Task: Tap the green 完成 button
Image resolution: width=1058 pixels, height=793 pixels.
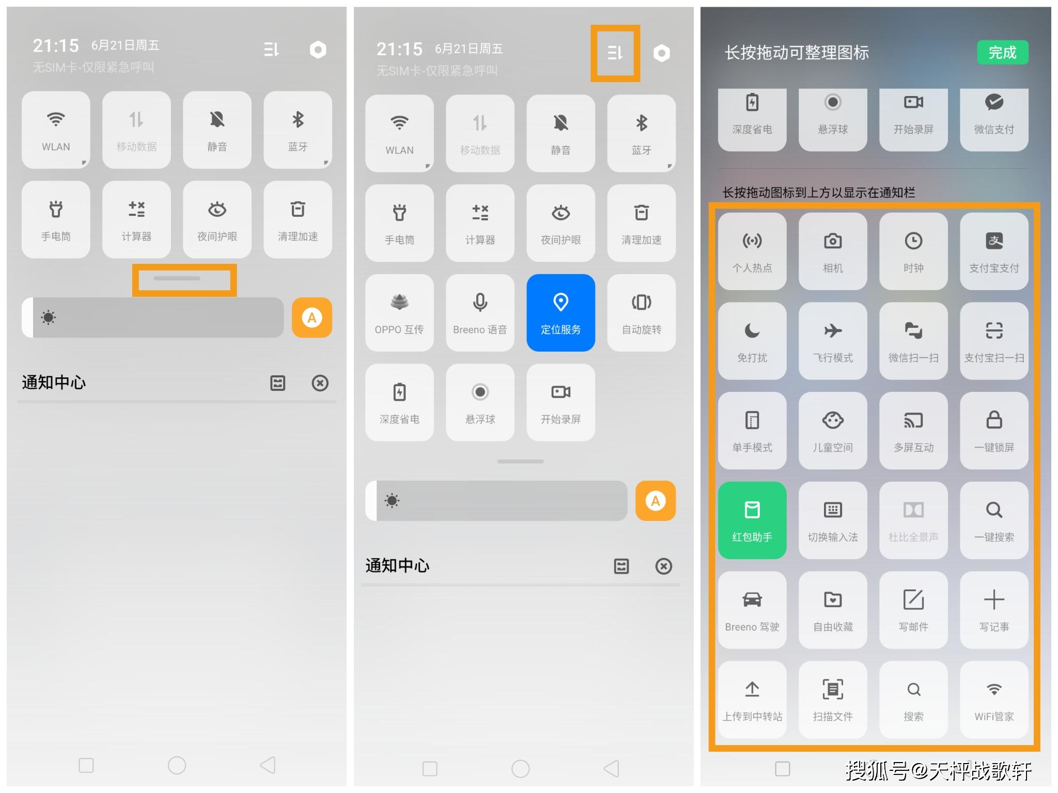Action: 1002,52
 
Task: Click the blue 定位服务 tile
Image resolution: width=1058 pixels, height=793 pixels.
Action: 561,312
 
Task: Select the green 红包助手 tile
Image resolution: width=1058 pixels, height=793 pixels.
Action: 752,520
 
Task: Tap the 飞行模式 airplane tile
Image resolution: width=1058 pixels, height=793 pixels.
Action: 833,341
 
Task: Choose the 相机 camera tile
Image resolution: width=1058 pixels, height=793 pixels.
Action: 833,251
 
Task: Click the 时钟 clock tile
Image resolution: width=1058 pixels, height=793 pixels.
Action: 913,251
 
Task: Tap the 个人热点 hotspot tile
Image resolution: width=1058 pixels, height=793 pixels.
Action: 752,251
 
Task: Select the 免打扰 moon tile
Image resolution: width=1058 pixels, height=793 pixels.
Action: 752,341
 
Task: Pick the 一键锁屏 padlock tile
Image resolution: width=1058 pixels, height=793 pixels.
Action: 994,431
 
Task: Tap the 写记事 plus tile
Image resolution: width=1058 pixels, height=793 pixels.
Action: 994,610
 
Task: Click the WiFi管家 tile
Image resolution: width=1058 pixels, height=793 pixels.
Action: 994,700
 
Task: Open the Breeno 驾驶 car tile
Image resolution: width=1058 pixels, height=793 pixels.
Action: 752,610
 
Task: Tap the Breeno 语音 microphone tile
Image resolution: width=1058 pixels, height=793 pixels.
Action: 480,312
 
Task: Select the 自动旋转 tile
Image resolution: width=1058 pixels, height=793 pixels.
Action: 641,312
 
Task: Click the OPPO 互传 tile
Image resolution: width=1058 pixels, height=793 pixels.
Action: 399,312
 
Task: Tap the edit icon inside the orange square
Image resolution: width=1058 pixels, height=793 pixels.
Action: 615,53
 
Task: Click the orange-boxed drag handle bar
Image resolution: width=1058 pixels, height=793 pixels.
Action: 177,278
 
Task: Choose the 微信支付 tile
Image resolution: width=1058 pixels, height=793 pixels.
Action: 994,120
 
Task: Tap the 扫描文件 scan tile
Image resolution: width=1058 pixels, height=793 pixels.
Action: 833,700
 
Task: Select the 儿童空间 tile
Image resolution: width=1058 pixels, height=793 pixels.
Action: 833,431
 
